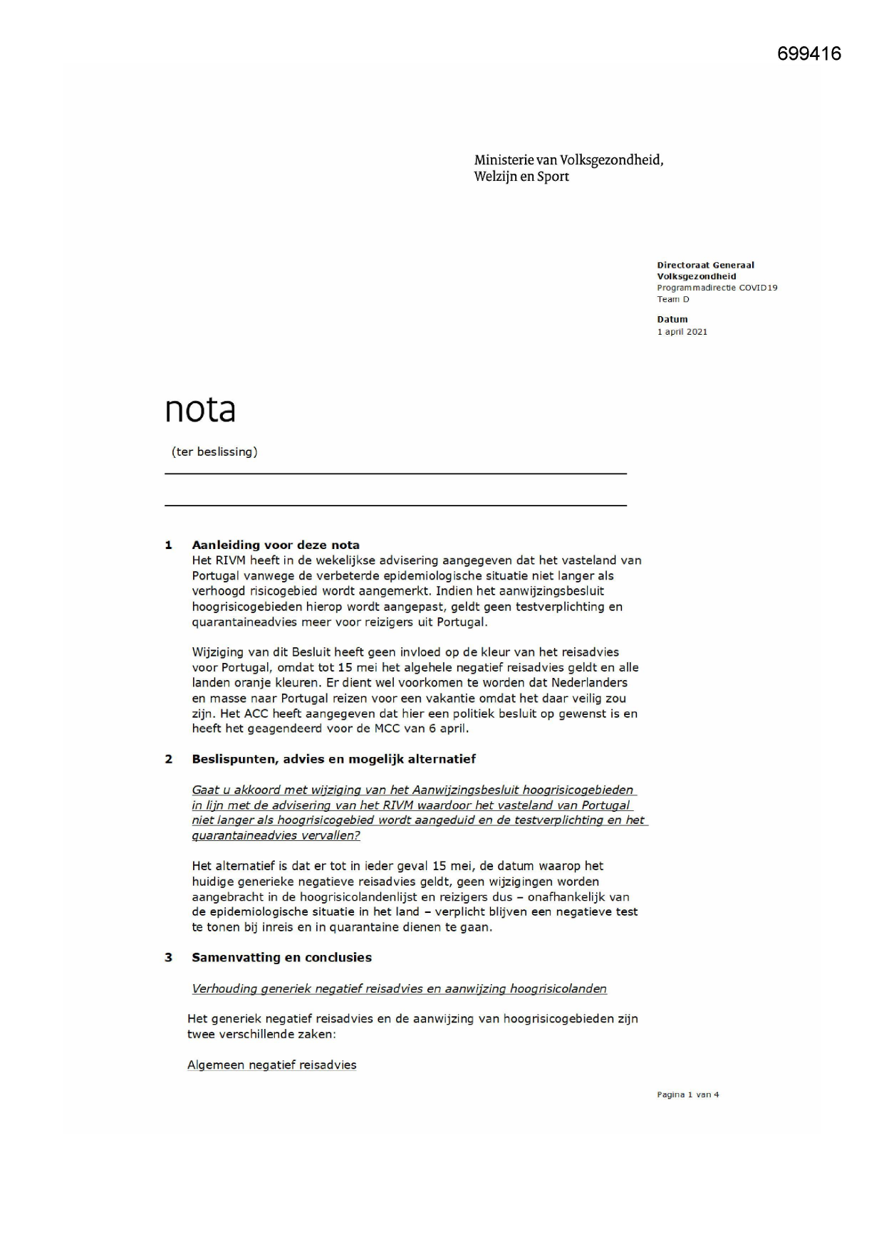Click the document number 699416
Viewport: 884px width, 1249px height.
tap(808, 54)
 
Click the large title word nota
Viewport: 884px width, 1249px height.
tap(200, 409)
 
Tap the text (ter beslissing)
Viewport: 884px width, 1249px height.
tap(214, 451)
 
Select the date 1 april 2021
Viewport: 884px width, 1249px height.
tap(682, 332)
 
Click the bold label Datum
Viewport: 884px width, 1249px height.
tap(672, 320)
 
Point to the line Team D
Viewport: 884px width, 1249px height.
tap(672, 299)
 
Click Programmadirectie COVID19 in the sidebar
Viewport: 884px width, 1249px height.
tap(717, 288)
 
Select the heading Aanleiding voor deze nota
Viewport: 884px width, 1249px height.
tap(276, 545)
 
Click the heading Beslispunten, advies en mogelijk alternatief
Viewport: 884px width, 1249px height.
tap(333, 759)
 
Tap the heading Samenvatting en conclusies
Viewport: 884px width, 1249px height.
tap(281, 958)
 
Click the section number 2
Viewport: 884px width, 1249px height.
tap(169, 759)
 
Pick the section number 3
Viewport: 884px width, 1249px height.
tap(169, 958)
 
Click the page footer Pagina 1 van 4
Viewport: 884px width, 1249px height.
tap(687, 1094)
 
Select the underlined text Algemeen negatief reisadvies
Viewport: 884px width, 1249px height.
tap(271, 1065)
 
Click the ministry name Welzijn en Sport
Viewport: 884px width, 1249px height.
tap(521, 177)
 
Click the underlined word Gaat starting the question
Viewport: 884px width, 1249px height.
tap(206, 790)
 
